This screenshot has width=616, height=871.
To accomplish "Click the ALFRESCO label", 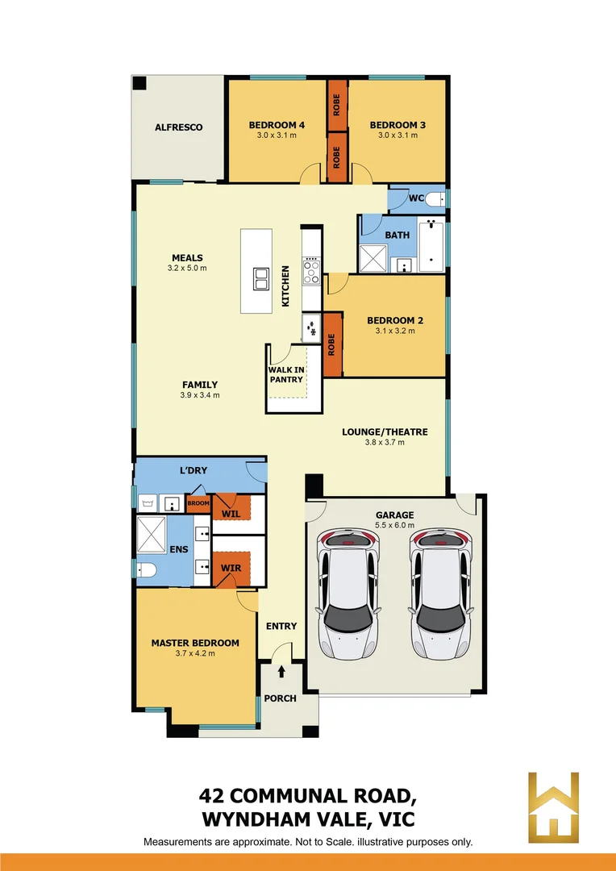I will [178, 127].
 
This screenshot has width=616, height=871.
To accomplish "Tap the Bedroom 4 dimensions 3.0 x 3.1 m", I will [277, 135].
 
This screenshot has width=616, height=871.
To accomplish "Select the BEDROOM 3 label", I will [397, 125].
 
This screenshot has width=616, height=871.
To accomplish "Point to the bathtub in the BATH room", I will [432, 243].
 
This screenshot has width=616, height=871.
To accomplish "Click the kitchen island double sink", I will [261, 278].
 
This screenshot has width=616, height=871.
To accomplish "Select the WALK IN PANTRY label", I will [286, 375].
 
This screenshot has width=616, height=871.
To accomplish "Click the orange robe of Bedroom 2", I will [331, 344].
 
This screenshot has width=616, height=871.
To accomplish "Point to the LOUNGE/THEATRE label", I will [385, 431].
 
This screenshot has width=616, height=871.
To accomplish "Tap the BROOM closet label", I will [198, 503].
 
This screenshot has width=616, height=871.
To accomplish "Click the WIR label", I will [231, 568].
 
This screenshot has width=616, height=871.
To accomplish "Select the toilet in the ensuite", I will [147, 570].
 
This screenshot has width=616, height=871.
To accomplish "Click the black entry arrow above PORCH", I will [281, 671].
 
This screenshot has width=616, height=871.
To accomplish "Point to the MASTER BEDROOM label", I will [195, 643].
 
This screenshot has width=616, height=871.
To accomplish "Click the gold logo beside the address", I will [553, 806].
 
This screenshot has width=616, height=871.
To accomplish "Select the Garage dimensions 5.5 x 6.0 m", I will [394, 525].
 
